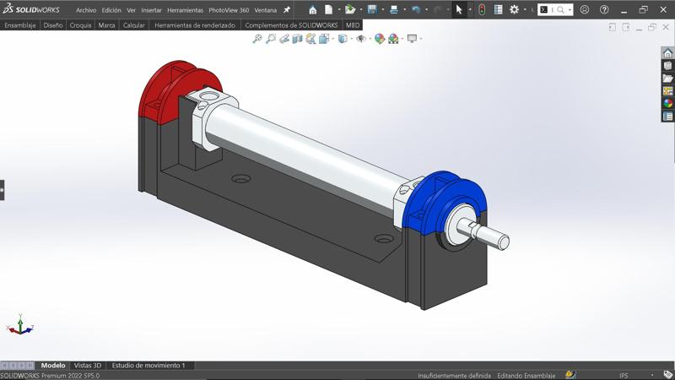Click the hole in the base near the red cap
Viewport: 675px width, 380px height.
point(241,180)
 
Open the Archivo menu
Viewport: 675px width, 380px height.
point(86,10)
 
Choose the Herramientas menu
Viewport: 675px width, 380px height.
point(185,10)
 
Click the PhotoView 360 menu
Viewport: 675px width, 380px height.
point(229,10)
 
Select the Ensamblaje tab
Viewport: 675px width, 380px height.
point(20,25)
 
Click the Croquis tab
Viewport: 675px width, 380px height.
point(81,25)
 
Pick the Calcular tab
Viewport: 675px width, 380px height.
point(133,25)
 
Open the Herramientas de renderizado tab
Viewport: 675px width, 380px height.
point(195,25)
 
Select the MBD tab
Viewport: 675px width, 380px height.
point(353,25)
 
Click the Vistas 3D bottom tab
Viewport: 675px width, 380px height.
point(88,366)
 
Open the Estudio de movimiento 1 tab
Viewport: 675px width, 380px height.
point(148,366)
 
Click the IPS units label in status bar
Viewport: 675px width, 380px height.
point(624,375)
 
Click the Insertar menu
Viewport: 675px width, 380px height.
point(152,10)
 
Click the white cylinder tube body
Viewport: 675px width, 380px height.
point(304,148)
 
